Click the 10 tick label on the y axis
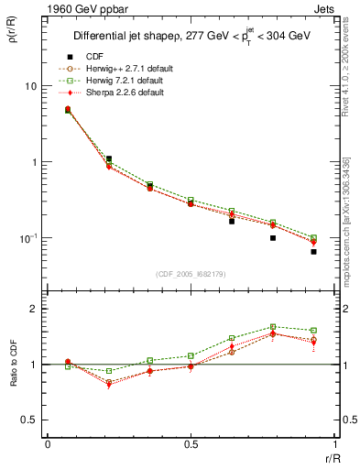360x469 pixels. point(30,86)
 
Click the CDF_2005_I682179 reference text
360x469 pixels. point(191,273)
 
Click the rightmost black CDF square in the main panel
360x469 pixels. point(313,251)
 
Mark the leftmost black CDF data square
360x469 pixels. point(68,111)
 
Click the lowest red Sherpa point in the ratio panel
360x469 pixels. point(109,385)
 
